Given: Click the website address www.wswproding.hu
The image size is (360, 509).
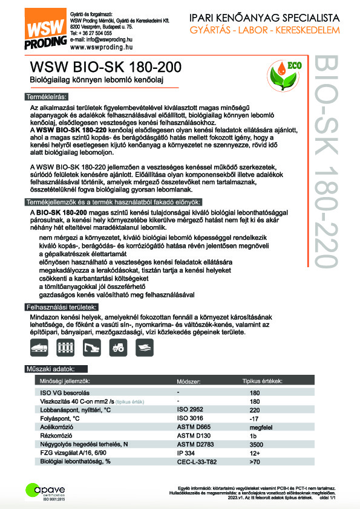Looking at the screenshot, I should [x=101, y=47].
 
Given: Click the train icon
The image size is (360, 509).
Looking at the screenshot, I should [x=38, y=348].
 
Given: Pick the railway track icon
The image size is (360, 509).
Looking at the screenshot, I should [x=65, y=348].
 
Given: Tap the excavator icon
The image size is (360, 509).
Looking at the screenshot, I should [x=91, y=348].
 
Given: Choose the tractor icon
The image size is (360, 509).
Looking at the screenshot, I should [x=117, y=348].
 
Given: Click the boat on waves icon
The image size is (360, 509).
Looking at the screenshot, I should [x=143, y=348].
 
